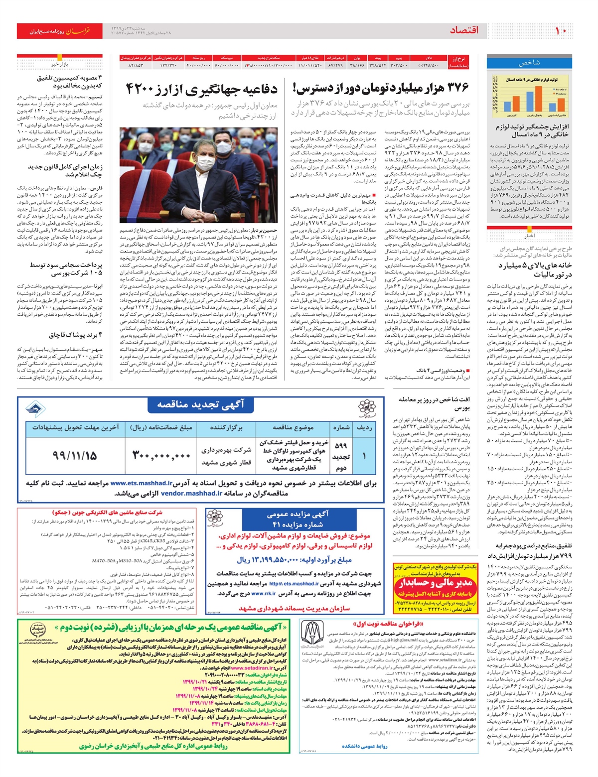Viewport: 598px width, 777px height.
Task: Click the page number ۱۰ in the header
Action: click(x=561, y=31)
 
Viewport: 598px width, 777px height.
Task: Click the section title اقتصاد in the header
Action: click(x=464, y=31)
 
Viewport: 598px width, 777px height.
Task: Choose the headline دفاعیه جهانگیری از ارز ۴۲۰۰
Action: click(x=201, y=90)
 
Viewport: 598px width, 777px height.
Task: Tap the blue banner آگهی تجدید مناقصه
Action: click(x=201, y=405)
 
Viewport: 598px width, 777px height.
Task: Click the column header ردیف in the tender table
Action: click(x=364, y=427)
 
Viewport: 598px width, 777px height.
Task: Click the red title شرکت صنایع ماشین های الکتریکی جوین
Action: click(x=107, y=513)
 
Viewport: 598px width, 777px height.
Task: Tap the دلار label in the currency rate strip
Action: click(x=429, y=58)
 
